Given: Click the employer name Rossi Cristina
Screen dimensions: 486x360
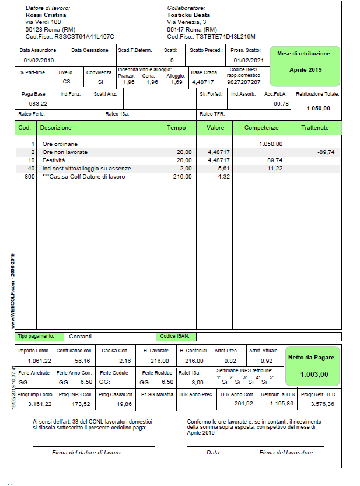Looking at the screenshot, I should click(46, 15).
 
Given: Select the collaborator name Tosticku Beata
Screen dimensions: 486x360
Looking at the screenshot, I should click(188, 15).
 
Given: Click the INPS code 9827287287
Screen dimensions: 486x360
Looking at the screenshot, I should click(243, 82).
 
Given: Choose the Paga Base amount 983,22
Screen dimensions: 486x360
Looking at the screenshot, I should click(38, 103).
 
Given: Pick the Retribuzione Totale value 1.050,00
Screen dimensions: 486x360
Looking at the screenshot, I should click(318, 108).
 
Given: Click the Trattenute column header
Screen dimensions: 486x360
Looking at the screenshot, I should click(315, 127).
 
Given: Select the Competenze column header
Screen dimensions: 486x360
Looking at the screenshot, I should click(261, 127).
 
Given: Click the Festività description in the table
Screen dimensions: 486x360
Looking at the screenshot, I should click(54, 160).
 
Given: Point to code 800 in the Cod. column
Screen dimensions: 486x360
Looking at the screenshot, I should click(29, 176).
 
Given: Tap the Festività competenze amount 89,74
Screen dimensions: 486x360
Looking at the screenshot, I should click(274, 160).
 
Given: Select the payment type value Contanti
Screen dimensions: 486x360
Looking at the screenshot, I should click(80, 337).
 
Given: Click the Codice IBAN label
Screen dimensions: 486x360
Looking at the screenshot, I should click(173, 337).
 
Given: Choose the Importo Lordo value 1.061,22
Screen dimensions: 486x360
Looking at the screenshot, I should click(39, 361).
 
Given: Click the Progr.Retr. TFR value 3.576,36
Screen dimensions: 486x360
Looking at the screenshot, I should click(322, 403).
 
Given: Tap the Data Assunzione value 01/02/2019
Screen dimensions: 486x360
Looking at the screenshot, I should click(39, 60).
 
